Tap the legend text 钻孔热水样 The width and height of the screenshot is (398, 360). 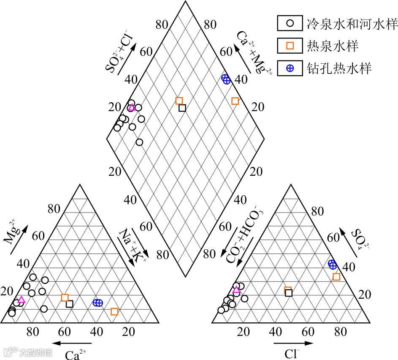click(339, 68)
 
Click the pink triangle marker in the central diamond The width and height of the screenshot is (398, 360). click(131, 107)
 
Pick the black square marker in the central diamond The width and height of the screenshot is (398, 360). click(182, 108)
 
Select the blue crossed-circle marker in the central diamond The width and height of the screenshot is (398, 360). click(226, 79)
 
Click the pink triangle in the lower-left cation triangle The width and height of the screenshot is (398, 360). click(21, 300)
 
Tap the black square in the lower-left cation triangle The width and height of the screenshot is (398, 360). click(70, 304)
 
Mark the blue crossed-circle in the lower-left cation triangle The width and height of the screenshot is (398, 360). click(98, 303)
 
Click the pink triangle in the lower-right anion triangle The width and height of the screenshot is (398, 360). click(236, 290)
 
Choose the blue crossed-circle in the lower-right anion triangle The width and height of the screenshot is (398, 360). click(333, 265)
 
